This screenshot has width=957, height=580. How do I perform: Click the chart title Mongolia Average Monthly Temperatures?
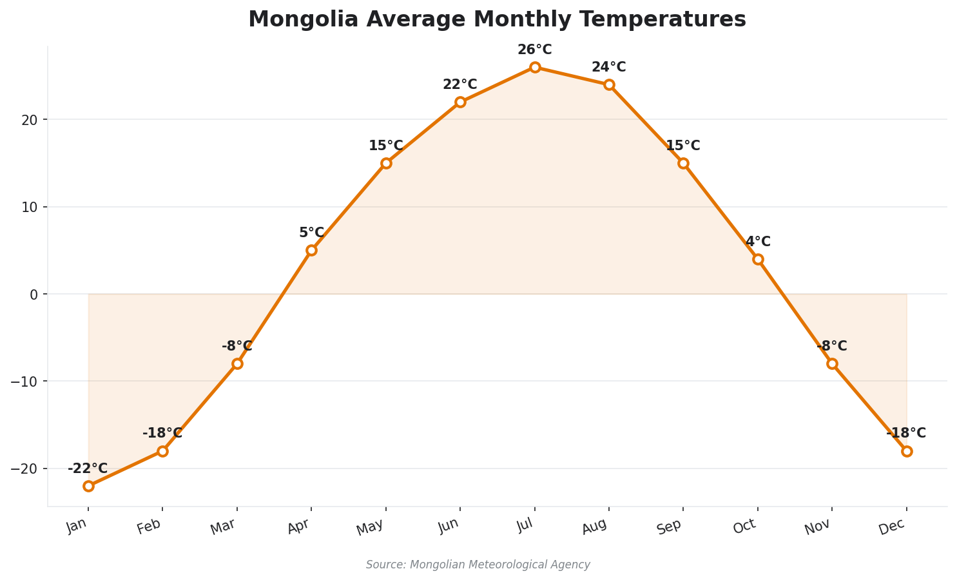click(x=497, y=19)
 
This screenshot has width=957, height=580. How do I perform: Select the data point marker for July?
click(x=535, y=67)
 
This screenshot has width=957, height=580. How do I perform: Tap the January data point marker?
click(x=88, y=486)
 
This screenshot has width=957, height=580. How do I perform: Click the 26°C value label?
click(x=535, y=50)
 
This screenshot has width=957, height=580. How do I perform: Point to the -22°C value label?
click(x=88, y=469)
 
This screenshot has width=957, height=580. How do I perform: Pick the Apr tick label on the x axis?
click(x=298, y=527)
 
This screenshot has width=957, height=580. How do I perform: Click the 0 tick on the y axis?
click(x=34, y=294)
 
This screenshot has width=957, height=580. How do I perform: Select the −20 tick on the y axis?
click(x=24, y=469)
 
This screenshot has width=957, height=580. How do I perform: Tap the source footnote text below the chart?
click(x=478, y=565)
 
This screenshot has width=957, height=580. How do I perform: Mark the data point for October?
click(x=758, y=259)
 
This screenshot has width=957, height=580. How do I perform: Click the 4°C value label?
click(x=758, y=242)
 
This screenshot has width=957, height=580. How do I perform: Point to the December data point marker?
click(x=907, y=451)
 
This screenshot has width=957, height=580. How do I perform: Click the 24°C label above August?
click(x=609, y=68)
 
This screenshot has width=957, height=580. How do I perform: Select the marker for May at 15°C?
click(x=386, y=163)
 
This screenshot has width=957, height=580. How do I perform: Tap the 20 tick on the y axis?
click(x=30, y=120)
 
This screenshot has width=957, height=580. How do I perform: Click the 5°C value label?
click(x=311, y=233)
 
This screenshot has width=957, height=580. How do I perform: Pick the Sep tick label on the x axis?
click(x=670, y=527)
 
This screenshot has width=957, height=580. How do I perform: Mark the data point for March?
click(x=237, y=363)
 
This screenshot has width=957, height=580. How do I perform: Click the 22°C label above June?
click(x=460, y=85)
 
